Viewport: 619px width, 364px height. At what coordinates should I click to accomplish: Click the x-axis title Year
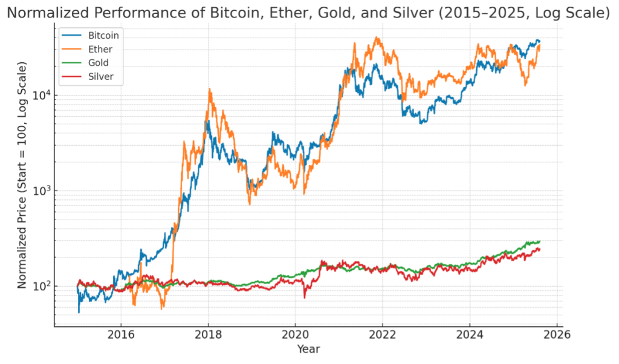tap(308, 349)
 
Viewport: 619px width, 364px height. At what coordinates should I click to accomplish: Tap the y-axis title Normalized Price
tap(22, 175)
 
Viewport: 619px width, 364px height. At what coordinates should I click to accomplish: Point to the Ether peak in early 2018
tap(210, 89)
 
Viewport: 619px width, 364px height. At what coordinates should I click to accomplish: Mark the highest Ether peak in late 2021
tap(378, 37)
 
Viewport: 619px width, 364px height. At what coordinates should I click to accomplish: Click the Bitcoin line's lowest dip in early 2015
tap(79, 312)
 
